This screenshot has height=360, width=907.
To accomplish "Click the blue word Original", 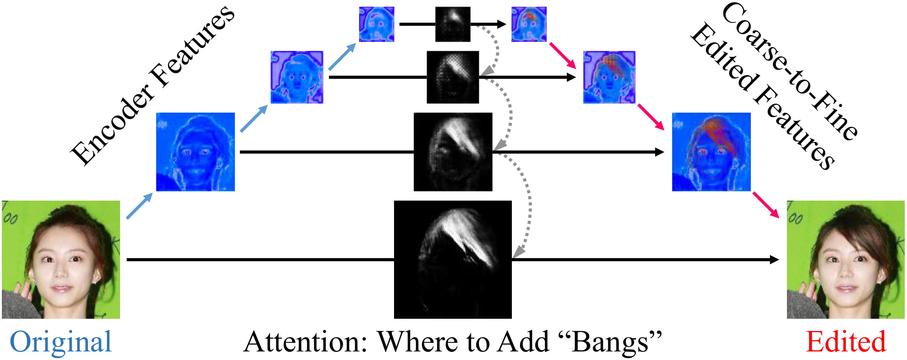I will point(61,342).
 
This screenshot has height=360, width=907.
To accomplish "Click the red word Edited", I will point(846,342).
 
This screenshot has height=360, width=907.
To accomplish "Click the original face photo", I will point(61,260).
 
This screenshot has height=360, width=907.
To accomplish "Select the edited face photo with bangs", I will point(846,260).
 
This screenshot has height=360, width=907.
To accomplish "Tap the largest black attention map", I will point(453,260).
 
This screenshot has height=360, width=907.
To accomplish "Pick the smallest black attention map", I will point(453,24).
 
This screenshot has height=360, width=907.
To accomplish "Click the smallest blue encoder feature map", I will point(377,24).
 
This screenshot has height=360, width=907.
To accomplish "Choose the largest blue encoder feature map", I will point(196,152).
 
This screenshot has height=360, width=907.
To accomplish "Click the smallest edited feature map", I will point(529,24).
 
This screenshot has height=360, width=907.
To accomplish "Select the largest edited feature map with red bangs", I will point(711,152).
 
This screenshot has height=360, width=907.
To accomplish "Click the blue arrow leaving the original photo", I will point(139,206).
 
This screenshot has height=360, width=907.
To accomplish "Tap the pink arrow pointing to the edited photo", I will point(766,205).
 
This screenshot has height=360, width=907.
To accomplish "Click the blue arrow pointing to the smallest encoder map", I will point(342,56).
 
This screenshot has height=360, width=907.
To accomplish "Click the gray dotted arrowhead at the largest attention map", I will point(518,252).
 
